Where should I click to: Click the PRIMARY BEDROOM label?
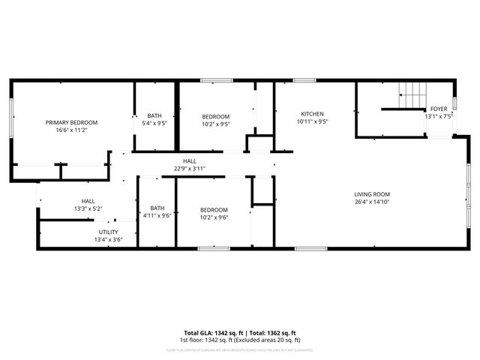coord(71,122)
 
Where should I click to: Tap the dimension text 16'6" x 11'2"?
coord(71,130)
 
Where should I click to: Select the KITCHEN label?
coord(312,114)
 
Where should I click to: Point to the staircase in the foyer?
coord(412,96)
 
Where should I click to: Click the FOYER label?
coord(438,109)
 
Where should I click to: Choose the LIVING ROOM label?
coord(372,194)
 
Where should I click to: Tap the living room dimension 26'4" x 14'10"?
coord(372,202)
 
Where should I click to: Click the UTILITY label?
coord(108,232)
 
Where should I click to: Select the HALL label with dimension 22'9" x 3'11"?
coord(190,161)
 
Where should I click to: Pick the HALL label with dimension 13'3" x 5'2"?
coord(88,201)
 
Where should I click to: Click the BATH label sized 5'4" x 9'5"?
coord(154,116)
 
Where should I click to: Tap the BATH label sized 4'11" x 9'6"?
coord(157,208)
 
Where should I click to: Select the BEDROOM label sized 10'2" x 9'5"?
coord(215,116)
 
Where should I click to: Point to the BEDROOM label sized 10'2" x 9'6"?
coord(214,210)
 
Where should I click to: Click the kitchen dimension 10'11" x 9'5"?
coord(312,121)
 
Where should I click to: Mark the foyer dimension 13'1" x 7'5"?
coord(438,116)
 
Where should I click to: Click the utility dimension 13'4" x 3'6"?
coord(108,240)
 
